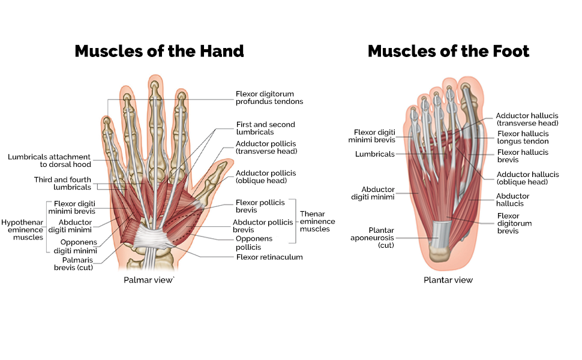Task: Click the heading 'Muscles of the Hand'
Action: point(159,51)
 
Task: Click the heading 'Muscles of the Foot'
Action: point(448,51)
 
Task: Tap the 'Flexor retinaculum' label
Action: point(269,257)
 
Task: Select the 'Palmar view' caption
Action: point(149,280)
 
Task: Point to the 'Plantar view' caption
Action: point(448,280)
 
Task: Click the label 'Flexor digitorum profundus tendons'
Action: point(269,98)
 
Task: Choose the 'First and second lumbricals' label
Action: point(265,128)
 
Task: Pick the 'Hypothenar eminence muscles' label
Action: point(22,229)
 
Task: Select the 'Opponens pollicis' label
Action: point(254,242)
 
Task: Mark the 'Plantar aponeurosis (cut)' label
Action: point(373,238)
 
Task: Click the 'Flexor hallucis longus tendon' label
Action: point(523,137)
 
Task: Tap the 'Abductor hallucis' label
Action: point(512,200)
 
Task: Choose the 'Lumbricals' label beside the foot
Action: point(374,154)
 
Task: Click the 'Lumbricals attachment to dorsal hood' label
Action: point(49,161)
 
